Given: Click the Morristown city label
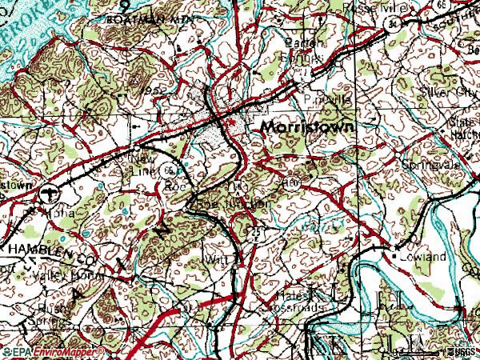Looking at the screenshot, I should (308, 128).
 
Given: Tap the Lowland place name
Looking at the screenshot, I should (422, 257).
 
